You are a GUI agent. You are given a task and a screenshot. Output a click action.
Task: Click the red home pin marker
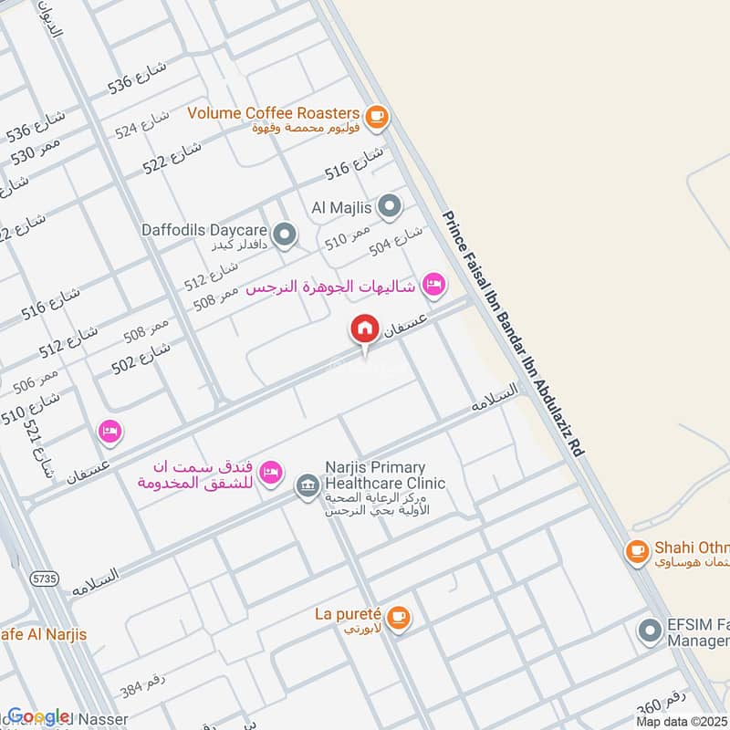(364, 329)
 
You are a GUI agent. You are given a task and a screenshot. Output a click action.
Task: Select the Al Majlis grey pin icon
(390, 206)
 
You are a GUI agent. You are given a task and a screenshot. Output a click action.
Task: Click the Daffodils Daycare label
(206, 230)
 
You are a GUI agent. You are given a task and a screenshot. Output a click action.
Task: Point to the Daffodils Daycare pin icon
(285, 235)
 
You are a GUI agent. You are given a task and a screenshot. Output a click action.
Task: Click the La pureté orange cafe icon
(398, 618)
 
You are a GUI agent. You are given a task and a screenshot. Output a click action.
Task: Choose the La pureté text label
(346, 616)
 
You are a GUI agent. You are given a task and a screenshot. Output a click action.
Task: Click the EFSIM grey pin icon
(650, 630)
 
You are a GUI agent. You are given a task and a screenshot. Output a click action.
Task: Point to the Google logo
(38, 716)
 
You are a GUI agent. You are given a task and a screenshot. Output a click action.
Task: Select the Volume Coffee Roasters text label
(274, 113)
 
